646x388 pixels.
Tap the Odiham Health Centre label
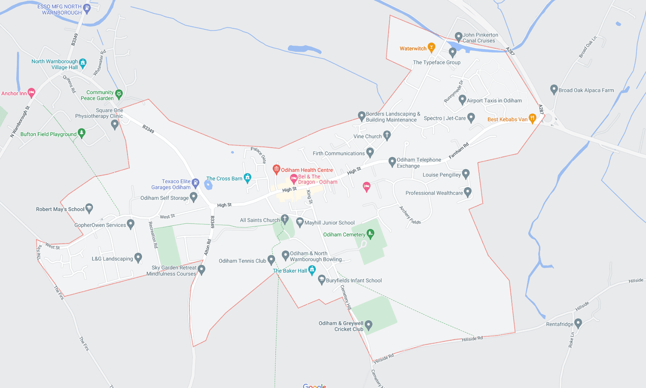(x=307, y=170)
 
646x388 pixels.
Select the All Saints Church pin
(x=284, y=219)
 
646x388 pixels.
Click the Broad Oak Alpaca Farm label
(x=586, y=91)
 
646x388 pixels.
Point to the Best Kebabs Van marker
(x=532, y=119)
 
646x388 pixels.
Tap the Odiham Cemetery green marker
(x=370, y=234)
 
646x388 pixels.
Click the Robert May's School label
(x=60, y=210)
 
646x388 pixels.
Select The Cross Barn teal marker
(x=247, y=178)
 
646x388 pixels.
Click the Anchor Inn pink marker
(x=31, y=92)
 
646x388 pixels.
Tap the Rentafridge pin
(x=578, y=323)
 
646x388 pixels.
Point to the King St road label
(x=309, y=197)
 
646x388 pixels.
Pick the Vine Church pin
(x=387, y=135)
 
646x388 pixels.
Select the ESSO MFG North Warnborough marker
(x=87, y=8)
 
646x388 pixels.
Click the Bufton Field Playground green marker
(x=81, y=133)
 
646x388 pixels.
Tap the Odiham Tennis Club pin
(x=271, y=260)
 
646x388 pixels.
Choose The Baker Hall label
(x=290, y=271)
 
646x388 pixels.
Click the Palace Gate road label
(x=259, y=155)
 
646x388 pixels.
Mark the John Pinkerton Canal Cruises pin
(x=458, y=37)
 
